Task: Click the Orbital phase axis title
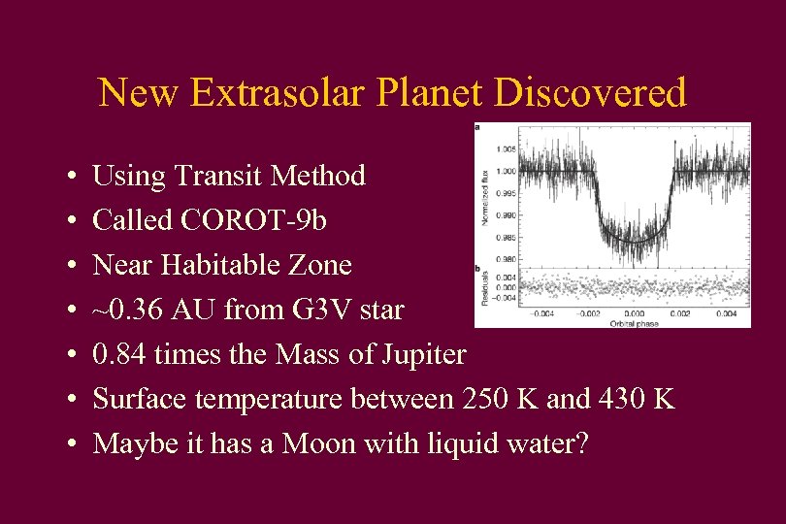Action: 635,322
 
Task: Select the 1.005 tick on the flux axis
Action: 505,149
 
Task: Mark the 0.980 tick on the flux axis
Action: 505,259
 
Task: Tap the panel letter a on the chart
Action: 477,126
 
